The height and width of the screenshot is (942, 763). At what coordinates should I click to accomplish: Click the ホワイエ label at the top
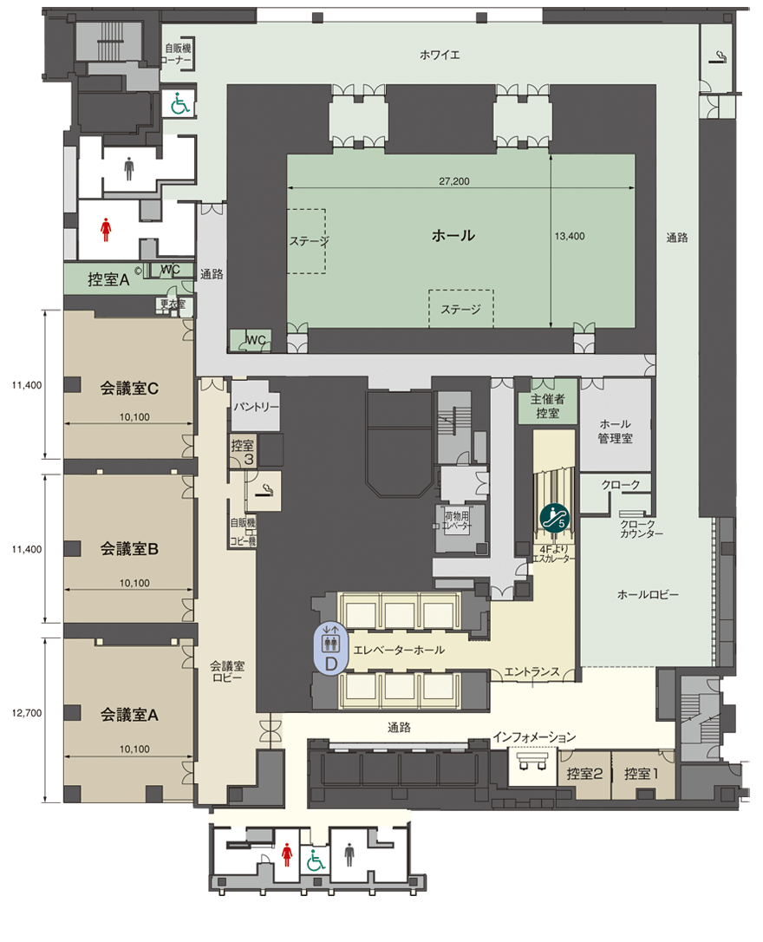[x=440, y=56]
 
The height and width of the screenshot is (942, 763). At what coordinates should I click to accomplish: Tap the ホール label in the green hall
[x=453, y=236]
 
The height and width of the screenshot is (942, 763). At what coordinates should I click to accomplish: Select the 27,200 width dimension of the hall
[x=453, y=180]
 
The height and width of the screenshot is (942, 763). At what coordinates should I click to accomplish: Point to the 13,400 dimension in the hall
[x=569, y=236]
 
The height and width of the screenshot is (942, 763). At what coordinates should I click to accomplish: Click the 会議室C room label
[x=129, y=389]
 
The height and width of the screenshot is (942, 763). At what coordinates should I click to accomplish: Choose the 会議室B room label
[x=129, y=548]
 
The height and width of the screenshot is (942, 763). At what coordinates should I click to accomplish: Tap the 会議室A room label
[x=129, y=715]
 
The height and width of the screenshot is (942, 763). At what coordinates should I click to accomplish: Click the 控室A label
[x=108, y=279]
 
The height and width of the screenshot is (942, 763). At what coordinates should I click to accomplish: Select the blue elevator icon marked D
[x=330, y=648]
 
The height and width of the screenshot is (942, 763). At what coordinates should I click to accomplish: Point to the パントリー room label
[x=257, y=407]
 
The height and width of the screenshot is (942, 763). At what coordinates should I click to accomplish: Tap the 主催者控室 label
[x=547, y=406]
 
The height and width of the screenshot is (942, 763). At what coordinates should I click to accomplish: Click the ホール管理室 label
[x=615, y=431]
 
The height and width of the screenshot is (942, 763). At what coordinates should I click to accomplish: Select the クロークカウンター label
[x=641, y=528]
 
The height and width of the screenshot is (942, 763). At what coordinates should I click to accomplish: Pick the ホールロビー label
[x=648, y=595]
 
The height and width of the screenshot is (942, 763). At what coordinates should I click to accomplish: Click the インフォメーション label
[x=534, y=737]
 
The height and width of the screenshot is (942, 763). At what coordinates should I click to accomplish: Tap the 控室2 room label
[x=584, y=774]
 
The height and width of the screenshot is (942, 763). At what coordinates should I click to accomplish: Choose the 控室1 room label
[x=641, y=774]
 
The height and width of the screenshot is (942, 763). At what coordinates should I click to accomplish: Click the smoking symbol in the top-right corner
[x=719, y=56]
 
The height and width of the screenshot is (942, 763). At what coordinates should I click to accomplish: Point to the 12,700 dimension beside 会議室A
[x=27, y=713]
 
